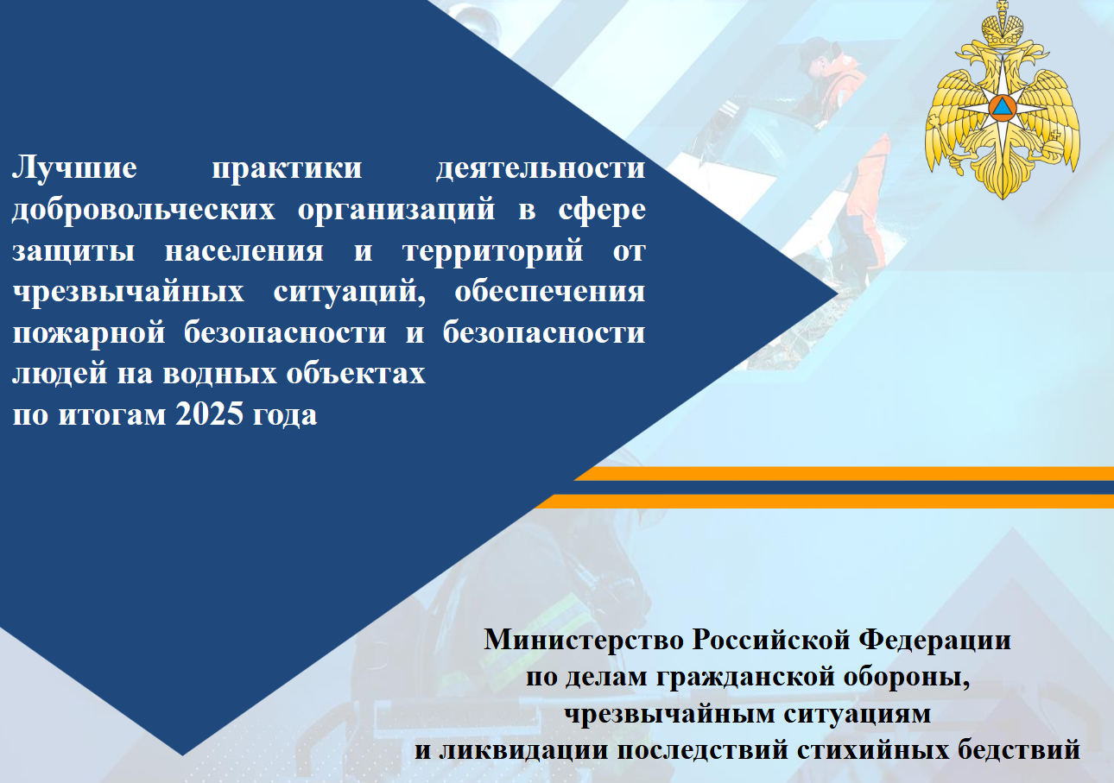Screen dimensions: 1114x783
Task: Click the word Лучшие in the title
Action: pos(74,168)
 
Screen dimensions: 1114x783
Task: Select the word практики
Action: pos(287,168)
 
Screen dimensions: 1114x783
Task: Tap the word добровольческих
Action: pos(143,209)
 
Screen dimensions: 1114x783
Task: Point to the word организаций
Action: pos(396,209)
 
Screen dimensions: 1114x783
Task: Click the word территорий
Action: pos(492,250)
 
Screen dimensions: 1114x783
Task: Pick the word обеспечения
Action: pos(549,292)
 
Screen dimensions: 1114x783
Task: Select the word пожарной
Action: pos(89,333)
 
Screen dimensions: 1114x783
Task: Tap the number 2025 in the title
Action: pos(209,414)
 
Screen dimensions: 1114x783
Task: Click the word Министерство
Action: pos(585,640)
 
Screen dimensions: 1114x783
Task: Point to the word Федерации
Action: pos(935,641)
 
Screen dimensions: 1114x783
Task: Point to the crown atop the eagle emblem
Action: pos(1002,28)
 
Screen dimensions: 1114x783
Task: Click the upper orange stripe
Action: pos(844,474)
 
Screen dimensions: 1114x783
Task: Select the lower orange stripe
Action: pos(824,501)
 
